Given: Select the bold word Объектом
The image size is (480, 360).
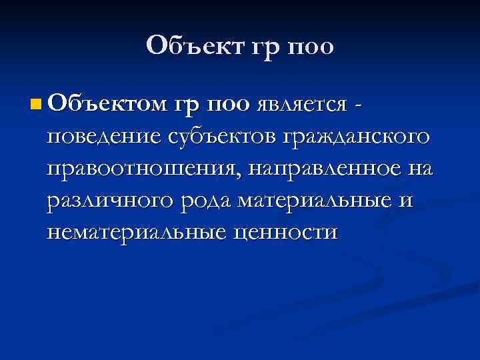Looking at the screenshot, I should [x=106, y=103].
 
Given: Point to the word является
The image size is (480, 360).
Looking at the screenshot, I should [x=301, y=105].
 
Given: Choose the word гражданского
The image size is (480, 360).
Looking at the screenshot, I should [x=356, y=137].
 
